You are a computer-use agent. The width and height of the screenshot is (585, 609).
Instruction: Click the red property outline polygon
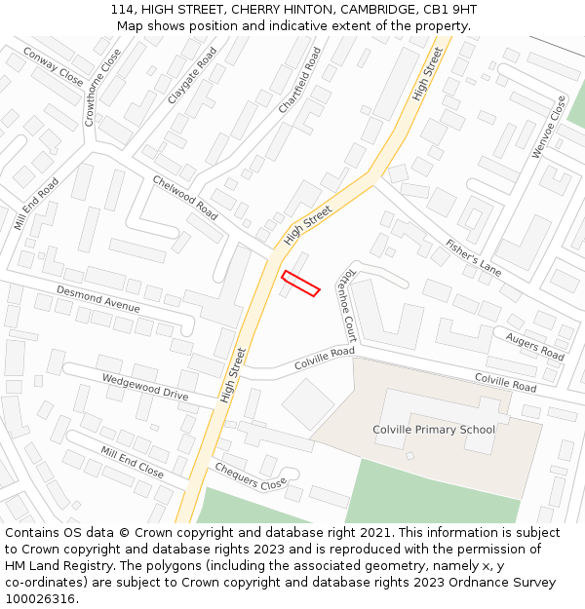300,283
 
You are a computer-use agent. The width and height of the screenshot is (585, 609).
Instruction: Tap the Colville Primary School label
434,430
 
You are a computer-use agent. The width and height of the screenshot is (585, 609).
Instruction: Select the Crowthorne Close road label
102,88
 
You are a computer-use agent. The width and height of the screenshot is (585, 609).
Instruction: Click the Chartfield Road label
299,80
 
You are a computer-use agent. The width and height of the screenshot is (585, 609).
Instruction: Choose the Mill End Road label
36,204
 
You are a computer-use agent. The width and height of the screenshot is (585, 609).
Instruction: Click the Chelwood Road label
185,196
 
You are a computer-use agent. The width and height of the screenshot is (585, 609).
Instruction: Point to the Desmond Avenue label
97,299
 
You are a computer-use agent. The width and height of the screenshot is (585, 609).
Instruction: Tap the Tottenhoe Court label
346,305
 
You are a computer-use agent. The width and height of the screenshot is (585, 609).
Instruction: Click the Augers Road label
534,345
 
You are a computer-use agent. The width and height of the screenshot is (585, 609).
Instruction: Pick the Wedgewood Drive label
145,387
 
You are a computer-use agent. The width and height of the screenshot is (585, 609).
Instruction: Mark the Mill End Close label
132,461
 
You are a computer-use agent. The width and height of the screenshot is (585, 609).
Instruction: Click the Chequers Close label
251,475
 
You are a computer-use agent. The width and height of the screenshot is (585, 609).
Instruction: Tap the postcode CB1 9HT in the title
448,10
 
